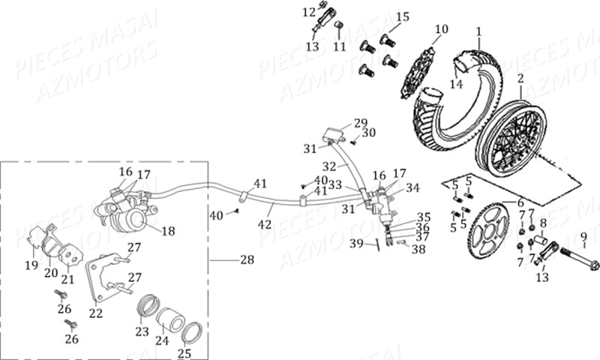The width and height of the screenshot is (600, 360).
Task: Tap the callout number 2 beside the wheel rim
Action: (520, 78)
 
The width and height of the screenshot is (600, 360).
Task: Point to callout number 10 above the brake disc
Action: (441, 29)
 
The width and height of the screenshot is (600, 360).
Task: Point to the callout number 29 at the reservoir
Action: (361, 123)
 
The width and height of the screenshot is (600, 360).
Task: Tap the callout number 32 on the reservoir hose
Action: (329, 166)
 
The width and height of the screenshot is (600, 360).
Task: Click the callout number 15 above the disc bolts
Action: (403, 17)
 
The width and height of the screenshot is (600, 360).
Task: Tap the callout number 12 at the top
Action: (310, 12)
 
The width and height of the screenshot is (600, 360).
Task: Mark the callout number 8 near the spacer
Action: (544, 223)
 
